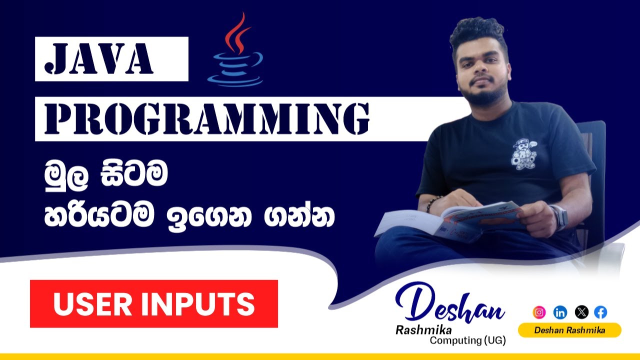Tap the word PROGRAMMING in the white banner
(202, 119)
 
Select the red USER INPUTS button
(154, 304)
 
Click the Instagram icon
(539, 313)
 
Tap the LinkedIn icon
(560, 313)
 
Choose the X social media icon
(581, 313)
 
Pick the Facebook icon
(600, 313)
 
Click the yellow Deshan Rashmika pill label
(569, 330)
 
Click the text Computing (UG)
(468, 341)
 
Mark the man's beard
(480, 95)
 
